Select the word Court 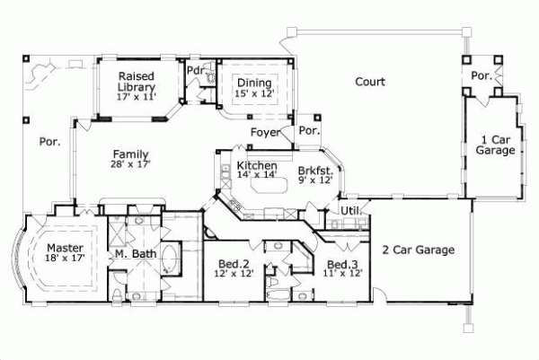369,82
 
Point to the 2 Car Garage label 418,250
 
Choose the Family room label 131,159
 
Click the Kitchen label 256,171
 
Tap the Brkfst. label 315,174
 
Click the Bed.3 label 342,269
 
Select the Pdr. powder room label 195,70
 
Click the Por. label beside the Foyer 309,131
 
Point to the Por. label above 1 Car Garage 482,75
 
